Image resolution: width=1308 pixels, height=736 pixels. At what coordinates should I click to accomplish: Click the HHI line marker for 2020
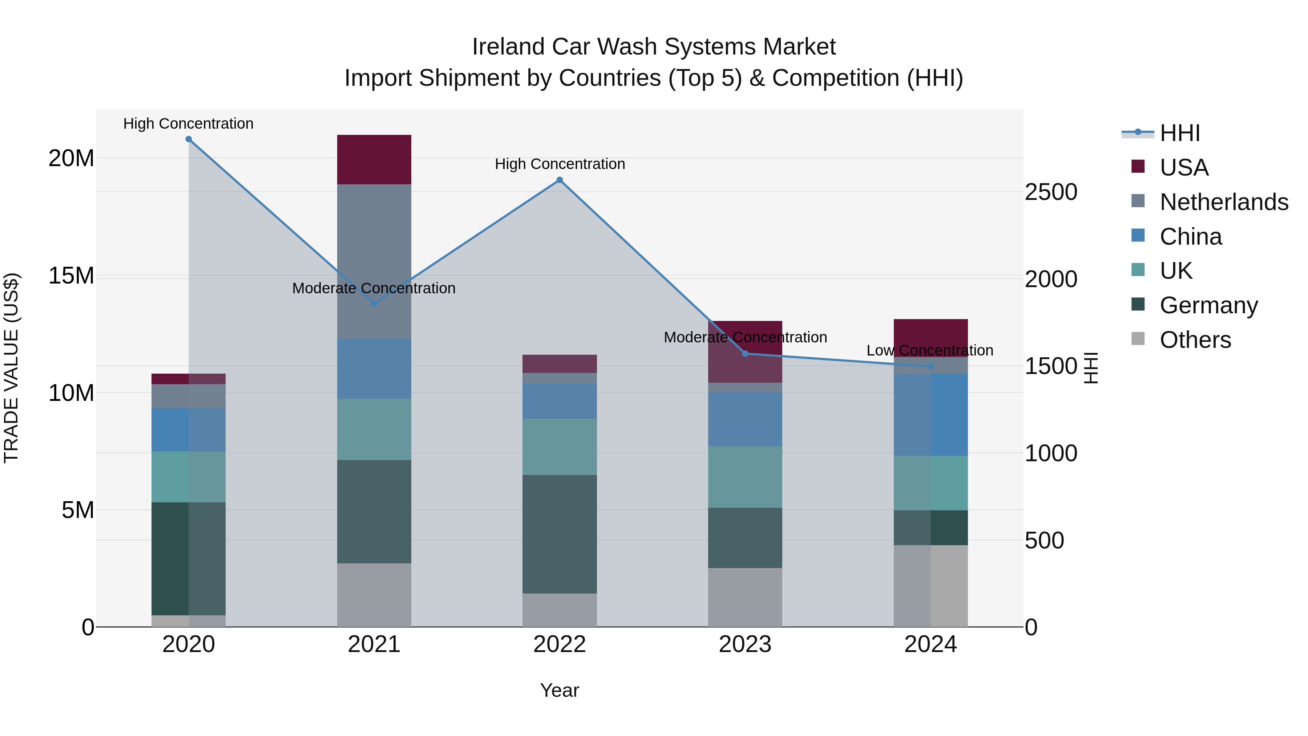[x=188, y=139]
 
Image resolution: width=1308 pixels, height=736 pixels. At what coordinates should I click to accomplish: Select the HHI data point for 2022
[x=560, y=180]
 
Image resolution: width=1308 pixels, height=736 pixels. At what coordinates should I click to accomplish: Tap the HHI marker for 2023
[x=745, y=354]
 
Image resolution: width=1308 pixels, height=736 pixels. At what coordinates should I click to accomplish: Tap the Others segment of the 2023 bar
[x=745, y=597]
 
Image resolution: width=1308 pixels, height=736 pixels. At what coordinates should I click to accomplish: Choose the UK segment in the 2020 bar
[x=188, y=476]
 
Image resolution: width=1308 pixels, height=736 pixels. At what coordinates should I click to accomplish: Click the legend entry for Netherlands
[x=1224, y=202]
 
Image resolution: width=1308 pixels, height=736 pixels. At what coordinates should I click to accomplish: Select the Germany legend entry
[x=1208, y=305]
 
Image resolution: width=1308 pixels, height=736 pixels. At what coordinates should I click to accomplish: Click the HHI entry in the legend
[x=1179, y=133]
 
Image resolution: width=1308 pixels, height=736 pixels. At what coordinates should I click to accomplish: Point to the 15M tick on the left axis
[x=71, y=276]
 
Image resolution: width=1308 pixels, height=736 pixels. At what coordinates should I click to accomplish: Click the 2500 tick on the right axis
[x=1050, y=192]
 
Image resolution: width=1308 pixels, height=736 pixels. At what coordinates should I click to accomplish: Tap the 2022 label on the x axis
[x=560, y=644]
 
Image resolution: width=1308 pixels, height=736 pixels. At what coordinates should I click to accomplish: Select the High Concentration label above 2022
[x=560, y=164]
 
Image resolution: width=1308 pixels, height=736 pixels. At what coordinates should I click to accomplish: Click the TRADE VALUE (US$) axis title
[x=12, y=368]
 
